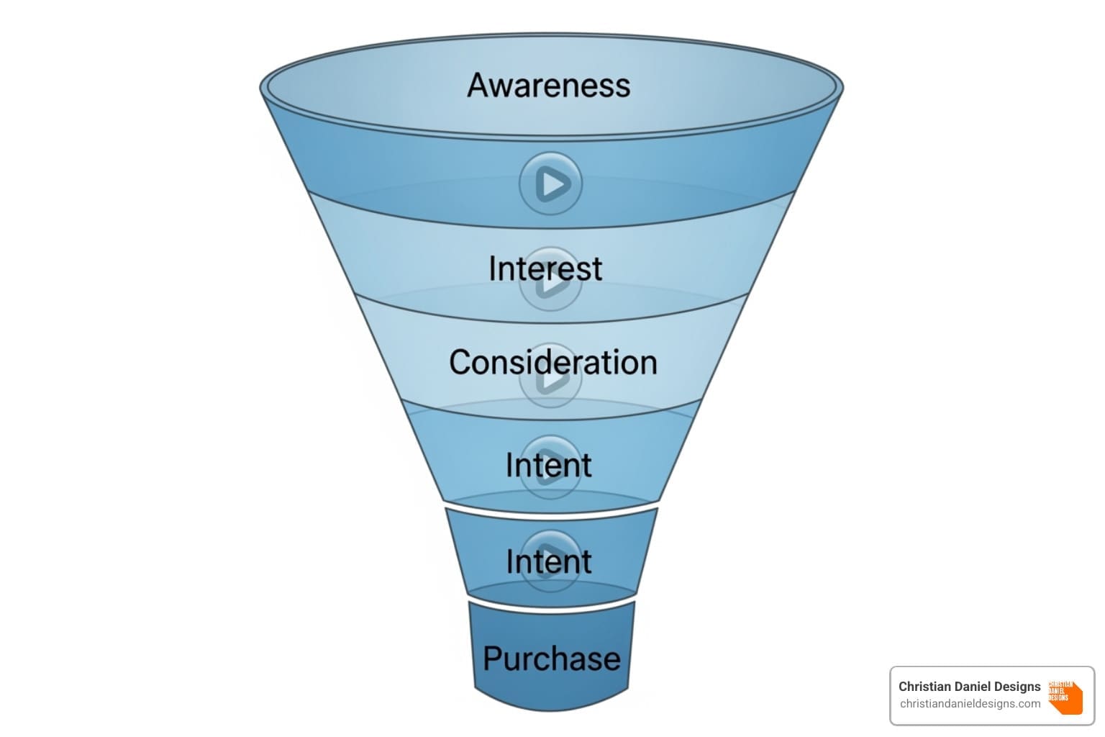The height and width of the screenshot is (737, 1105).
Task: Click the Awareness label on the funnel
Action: (x=549, y=85)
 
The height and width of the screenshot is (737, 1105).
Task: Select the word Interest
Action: (x=545, y=268)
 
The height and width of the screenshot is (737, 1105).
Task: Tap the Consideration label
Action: (x=552, y=362)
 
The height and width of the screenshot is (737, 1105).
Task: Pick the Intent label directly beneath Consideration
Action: (x=548, y=465)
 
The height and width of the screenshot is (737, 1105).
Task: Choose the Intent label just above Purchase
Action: (x=548, y=561)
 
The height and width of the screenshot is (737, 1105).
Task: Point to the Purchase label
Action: (x=551, y=659)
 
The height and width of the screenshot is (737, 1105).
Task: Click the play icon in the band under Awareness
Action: (x=550, y=184)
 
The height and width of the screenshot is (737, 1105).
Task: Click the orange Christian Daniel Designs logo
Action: (x=1065, y=697)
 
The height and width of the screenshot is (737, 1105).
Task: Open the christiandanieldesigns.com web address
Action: (x=970, y=704)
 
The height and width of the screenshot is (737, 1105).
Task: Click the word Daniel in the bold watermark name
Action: (x=968, y=687)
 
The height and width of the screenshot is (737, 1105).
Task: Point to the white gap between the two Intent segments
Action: (x=552, y=510)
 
